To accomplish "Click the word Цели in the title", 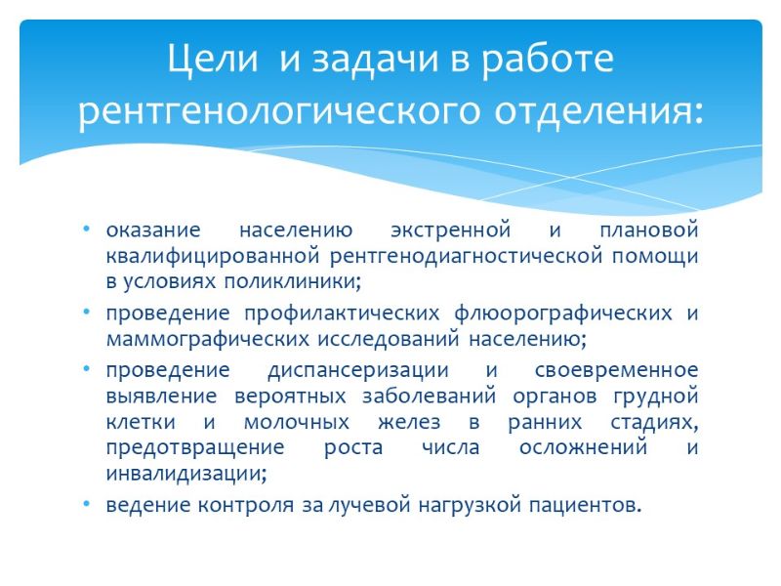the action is pyautogui.click(x=213, y=60).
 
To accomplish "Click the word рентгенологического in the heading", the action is pyautogui.click(x=279, y=111).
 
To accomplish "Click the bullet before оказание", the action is pyautogui.click(x=87, y=229).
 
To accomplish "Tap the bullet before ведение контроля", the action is pyautogui.click(x=87, y=504).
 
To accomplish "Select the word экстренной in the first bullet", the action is pyautogui.click(x=451, y=230).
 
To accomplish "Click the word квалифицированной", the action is pyautogui.click(x=213, y=256).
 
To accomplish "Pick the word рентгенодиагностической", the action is pyautogui.click(x=466, y=256).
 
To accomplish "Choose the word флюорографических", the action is pyautogui.click(x=563, y=314).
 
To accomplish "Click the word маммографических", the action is pyautogui.click(x=208, y=339).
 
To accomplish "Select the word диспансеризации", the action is pyautogui.click(x=358, y=370).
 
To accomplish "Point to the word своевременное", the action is pyautogui.click(x=617, y=370).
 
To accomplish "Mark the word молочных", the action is pyautogui.click(x=297, y=422).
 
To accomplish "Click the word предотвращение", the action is pyautogui.click(x=195, y=447).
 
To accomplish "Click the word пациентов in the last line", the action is pyautogui.click(x=581, y=505).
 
